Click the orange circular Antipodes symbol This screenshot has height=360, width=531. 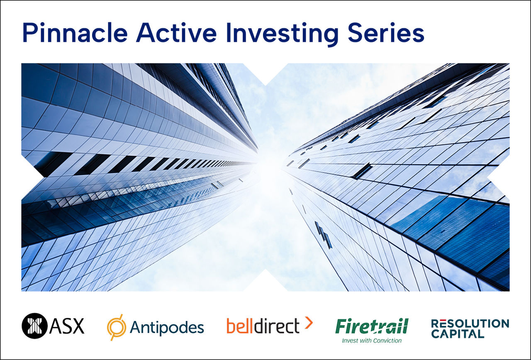pyautogui.click(x=117, y=327)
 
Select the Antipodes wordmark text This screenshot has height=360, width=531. pyautogui.click(x=167, y=327)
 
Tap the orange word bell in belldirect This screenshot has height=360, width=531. pyautogui.click(x=239, y=326)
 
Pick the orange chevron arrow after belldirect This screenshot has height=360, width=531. pyautogui.click(x=308, y=323)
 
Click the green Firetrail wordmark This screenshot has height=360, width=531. pyautogui.click(x=372, y=326)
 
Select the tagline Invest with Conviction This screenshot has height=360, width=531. pyautogui.click(x=372, y=341)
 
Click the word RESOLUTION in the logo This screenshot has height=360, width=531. pyautogui.click(x=470, y=323)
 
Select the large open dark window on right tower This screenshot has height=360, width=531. pyautogui.click(x=362, y=171)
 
